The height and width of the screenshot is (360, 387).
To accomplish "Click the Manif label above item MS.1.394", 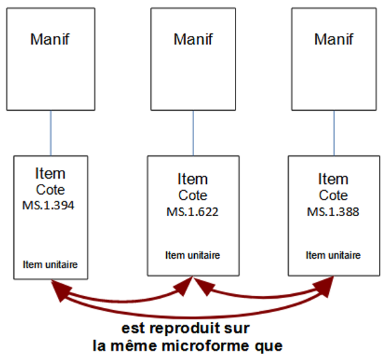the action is pyautogui.click(x=50, y=39).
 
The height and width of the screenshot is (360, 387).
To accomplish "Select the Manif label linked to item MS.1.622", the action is pyautogui.click(x=193, y=39).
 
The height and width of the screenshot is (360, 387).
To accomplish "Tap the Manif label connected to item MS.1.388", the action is pyautogui.click(x=334, y=39).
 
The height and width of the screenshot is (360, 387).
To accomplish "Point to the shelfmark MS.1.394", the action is pyautogui.click(x=48, y=205).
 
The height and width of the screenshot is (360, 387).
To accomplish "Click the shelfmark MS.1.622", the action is pyautogui.click(x=193, y=212).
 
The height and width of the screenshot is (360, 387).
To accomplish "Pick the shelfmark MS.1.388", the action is pyautogui.click(x=333, y=212).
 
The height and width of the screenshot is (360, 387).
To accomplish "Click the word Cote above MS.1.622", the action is pyautogui.click(x=193, y=195).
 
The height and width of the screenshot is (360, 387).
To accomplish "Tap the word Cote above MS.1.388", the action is pyautogui.click(x=333, y=195).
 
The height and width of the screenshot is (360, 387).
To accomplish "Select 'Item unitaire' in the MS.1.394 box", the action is pyautogui.click(x=50, y=265).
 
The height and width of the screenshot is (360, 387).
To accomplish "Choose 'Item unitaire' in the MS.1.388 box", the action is pyautogui.click(x=333, y=255).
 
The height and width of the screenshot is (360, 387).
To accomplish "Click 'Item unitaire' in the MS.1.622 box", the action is pyautogui.click(x=193, y=255).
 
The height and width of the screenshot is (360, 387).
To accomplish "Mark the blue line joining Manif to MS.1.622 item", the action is pyautogui.click(x=193, y=133).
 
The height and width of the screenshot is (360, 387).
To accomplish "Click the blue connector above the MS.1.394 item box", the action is pyautogui.click(x=51, y=133).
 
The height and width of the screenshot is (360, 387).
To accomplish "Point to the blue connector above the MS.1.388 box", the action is pyautogui.click(x=334, y=133).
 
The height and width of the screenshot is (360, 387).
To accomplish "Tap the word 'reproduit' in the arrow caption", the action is pyautogui.click(x=184, y=329).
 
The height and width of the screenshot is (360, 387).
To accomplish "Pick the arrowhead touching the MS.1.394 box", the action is pyautogui.click(x=59, y=290).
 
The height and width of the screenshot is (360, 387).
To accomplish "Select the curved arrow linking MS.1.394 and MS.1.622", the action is pyautogui.click(x=121, y=301).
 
